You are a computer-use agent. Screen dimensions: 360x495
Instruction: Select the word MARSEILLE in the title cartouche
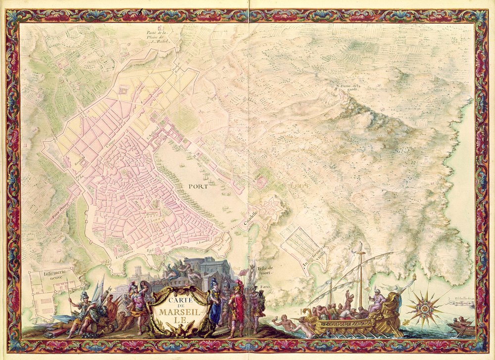pos(176,314)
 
